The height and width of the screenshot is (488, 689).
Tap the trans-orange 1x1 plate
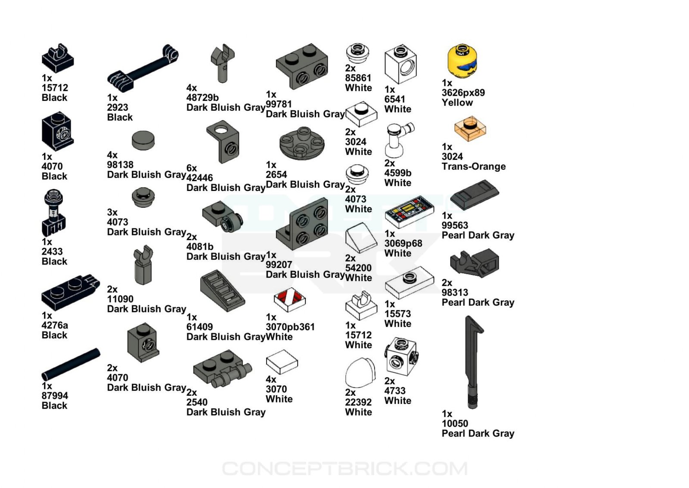(470, 128)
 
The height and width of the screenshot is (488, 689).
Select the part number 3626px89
(463, 93)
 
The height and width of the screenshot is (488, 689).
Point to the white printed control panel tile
(409, 211)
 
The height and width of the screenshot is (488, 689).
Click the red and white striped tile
(290, 299)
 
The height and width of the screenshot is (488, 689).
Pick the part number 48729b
(202, 97)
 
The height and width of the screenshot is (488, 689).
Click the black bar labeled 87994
(71, 364)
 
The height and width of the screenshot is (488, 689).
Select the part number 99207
(279, 265)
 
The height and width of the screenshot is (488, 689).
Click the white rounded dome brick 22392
(360, 373)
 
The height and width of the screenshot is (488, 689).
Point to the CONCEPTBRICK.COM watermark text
(344, 469)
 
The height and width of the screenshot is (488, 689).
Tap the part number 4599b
(397, 173)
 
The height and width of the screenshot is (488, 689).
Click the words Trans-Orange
(474, 166)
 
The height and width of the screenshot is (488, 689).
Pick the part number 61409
(199, 327)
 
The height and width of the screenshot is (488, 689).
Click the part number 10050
(455, 423)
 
